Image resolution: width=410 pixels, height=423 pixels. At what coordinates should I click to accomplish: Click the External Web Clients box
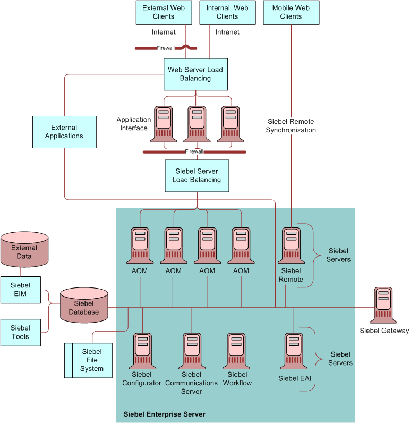[x=164, y=12]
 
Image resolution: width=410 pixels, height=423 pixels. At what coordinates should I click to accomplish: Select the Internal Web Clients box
[x=227, y=12]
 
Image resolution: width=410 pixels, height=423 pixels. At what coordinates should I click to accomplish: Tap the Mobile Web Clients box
[x=291, y=12]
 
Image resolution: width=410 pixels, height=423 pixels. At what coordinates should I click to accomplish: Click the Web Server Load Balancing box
[x=195, y=74]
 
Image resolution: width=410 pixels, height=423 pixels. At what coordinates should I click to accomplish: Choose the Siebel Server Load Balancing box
[x=197, y=175]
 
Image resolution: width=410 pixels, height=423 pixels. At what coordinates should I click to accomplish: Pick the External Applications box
[x=64, y=132]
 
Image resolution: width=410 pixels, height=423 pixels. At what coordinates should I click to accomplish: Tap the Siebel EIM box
[x=21, y=290]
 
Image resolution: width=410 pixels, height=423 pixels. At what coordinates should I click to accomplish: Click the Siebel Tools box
[x=21, y=333]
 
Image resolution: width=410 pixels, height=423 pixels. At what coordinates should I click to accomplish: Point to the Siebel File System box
[x=89, y=360]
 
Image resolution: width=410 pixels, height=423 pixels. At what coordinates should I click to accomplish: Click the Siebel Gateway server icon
[x=383, y=305]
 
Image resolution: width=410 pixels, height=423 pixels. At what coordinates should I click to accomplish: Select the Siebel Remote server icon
[x=292, y=246]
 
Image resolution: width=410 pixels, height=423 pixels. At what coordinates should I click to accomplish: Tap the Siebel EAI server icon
[x=294, y=351]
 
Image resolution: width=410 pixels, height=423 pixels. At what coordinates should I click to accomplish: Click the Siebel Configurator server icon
[x=142, y=351]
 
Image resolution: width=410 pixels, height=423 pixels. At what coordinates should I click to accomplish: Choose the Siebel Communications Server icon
[x=192, y=351]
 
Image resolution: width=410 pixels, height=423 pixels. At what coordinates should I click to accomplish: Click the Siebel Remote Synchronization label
[x=291, y=125]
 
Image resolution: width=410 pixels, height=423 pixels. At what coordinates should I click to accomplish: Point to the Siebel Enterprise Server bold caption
[x=164, y=414]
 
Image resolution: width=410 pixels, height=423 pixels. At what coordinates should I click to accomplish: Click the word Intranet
[x=227, y=32]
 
